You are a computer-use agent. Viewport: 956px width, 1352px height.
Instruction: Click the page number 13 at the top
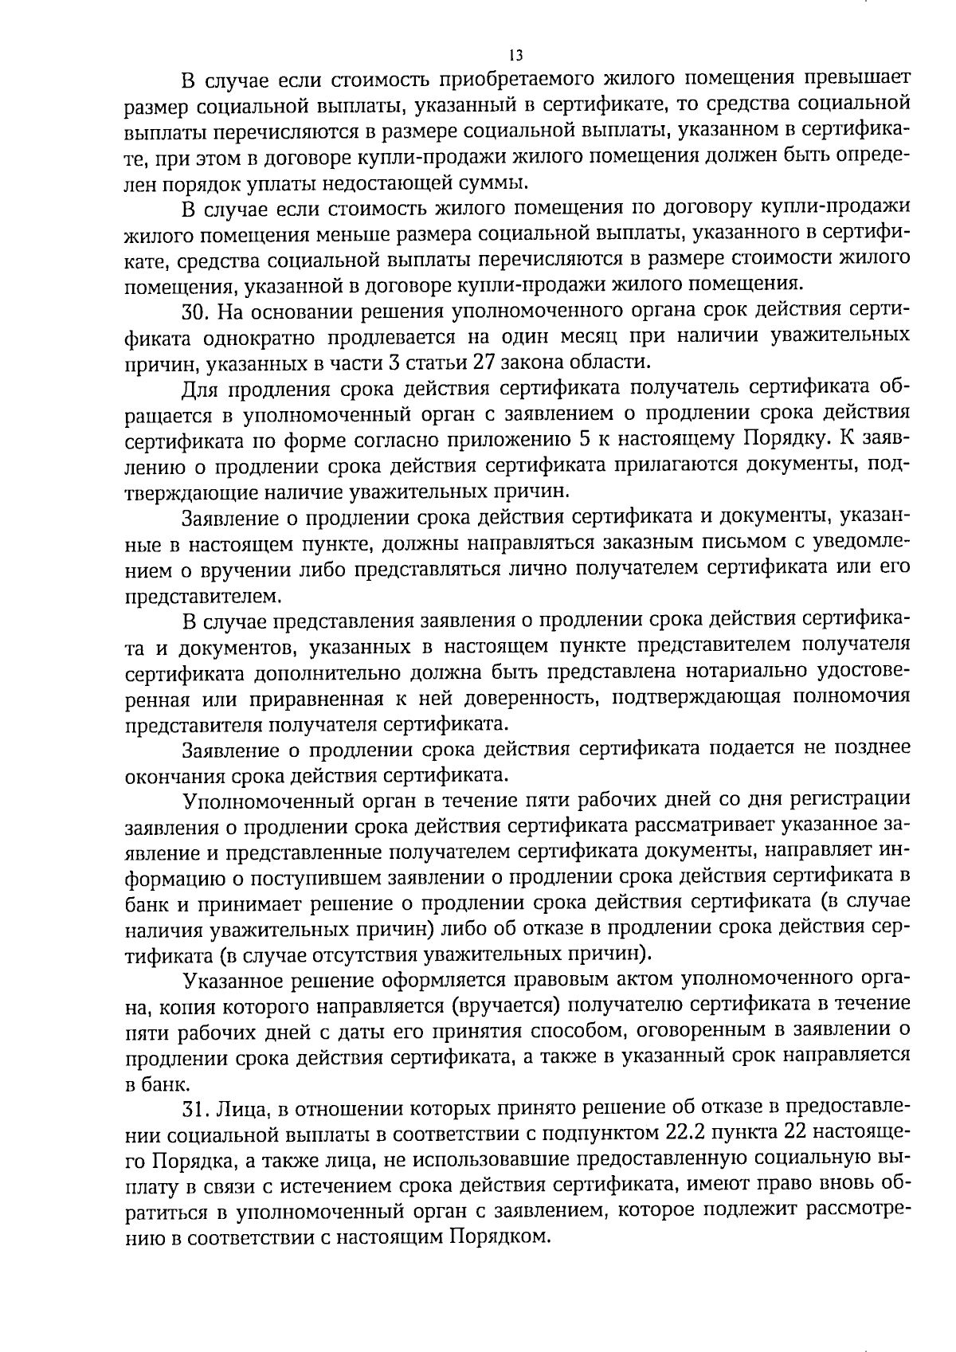515,55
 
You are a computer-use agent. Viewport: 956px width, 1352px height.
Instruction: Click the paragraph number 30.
196,310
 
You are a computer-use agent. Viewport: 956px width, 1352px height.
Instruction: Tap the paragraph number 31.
196,1107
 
